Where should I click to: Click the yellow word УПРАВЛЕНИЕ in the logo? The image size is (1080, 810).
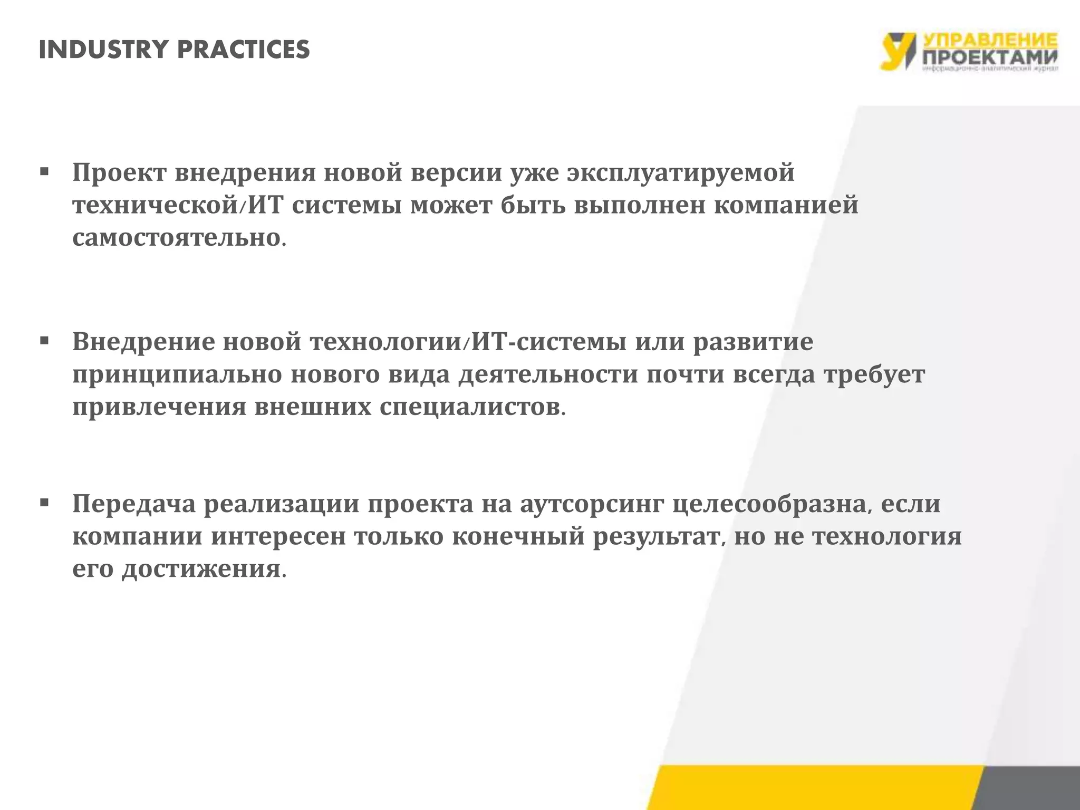(989, 41)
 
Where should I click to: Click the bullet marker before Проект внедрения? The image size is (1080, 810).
(44, 172)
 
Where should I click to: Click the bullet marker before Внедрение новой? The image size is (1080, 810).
(44, 341)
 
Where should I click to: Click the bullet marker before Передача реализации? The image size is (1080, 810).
(44, 503)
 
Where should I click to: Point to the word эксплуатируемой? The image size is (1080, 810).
(680, 173)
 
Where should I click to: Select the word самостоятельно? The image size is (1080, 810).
(177, 238)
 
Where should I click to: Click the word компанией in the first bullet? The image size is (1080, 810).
(786, 205)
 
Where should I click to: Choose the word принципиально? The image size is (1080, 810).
(177, 375)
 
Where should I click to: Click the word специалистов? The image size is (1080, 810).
(470, 408)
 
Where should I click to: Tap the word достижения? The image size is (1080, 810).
(202, 570)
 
